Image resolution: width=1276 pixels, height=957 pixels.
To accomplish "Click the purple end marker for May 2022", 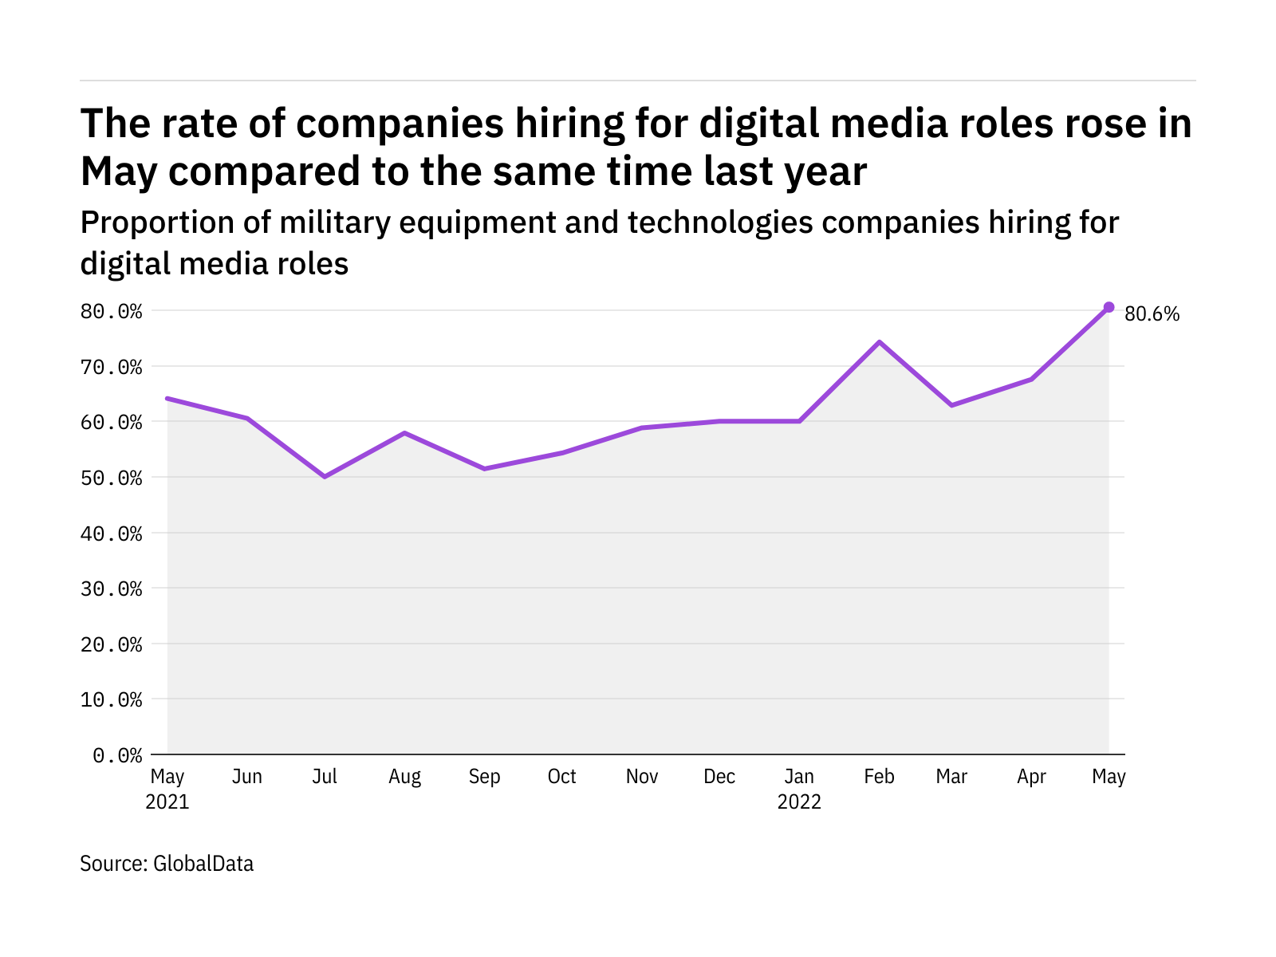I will (x=1109, y=307).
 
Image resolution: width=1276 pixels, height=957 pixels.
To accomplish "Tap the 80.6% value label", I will (x=1152, y=314).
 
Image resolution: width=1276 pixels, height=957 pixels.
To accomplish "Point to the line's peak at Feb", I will (x=879, y=342).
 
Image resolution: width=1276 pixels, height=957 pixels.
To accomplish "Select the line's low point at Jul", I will (x=325, y=477).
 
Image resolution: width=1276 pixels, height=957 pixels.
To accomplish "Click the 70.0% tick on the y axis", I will (x=111, y=368).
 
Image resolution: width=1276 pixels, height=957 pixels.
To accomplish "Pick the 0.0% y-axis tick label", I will (x=117, y=755).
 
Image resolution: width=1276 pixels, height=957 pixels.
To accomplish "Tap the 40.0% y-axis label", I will (x=111, y=534).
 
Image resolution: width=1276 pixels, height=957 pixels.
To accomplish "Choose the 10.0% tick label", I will (x=111, y=700).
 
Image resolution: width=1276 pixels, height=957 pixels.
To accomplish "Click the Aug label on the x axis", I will (x=404, y=777).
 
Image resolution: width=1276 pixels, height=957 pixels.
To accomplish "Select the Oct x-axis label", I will (x=561, y=777).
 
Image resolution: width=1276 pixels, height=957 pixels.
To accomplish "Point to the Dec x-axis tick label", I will (x=719, y=777).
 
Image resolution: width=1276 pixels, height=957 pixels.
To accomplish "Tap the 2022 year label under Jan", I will (x=799, y=802).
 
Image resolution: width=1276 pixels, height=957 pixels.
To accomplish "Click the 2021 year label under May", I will (x=167, y=802).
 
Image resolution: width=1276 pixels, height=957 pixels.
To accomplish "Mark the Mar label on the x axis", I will (x=951, y=777).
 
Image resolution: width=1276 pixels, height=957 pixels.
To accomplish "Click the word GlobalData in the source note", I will (x=203, y=864).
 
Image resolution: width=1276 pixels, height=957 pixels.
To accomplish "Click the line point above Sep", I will (x=484, y=468).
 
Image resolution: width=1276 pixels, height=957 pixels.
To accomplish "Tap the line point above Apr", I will (x=1031, y=379).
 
